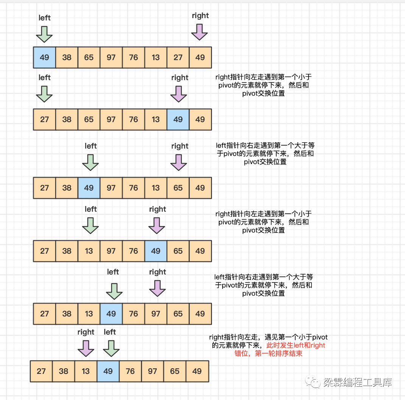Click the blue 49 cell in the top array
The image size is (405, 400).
point(44,57)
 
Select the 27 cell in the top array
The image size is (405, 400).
point(178,57)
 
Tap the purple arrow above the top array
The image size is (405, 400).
point(199,32)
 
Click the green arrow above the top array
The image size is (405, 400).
point(44,34)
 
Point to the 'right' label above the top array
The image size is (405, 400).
point(200,16)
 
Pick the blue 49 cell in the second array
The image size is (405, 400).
point(178,119)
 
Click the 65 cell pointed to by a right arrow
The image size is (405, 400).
point(178,188)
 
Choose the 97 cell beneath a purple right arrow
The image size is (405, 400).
point(156,314)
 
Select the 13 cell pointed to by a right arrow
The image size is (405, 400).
point(86,371)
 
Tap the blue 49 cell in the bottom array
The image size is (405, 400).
point(108,371)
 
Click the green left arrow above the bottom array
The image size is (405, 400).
point(111,348)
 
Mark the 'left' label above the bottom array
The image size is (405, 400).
point(110,332)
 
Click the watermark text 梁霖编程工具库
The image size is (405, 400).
point(357,383)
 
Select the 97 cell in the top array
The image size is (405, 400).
point(111,57)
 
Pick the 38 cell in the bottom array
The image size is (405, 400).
point(63,371)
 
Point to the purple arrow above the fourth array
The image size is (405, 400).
point(157,225)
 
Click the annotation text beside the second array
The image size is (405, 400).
point(263,85)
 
